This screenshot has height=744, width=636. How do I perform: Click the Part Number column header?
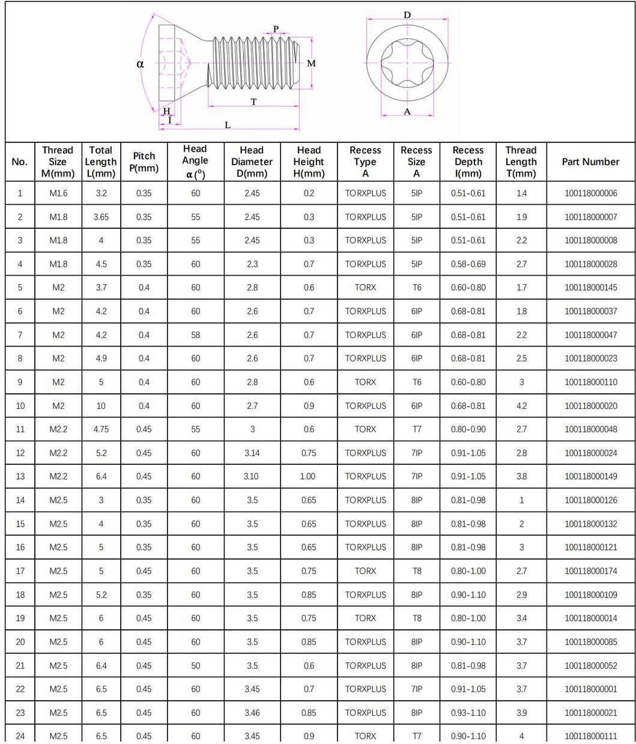[x=590, y=162]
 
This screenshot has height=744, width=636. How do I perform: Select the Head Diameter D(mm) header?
[x=252, y=162]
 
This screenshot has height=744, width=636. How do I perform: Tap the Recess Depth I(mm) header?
[x=468, y=162]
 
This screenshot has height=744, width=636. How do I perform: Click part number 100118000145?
[x=590, y=288]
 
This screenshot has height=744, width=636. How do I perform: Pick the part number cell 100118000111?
[x=590, y=736]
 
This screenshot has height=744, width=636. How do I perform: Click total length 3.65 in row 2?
[x=101, y=217]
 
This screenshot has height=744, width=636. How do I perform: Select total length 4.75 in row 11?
[x=101, y=429]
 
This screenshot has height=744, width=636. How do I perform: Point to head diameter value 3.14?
[x=252, y=453]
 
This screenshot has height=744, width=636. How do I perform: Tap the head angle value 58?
[x=195, y=335]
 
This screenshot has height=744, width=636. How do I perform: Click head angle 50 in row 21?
[x=195, y=665]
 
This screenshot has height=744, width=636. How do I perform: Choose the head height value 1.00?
[x=309, y=476]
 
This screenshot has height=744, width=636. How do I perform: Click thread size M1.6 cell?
[x=58, y=193]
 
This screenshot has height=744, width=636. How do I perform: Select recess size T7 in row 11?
[x=416, y=429]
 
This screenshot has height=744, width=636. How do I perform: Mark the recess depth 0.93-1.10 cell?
[x=468, y=713]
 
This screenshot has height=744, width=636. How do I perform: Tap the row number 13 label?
[x=20, y=476]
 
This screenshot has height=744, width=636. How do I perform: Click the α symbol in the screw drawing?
[x=140, y=64]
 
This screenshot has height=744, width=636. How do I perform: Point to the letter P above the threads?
[x=276, y=29]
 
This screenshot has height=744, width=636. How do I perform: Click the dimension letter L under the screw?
[x=228, y=124]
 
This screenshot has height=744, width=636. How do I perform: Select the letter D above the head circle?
[x=407, y=14]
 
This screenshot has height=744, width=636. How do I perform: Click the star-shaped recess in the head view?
[x=407, y=62]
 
